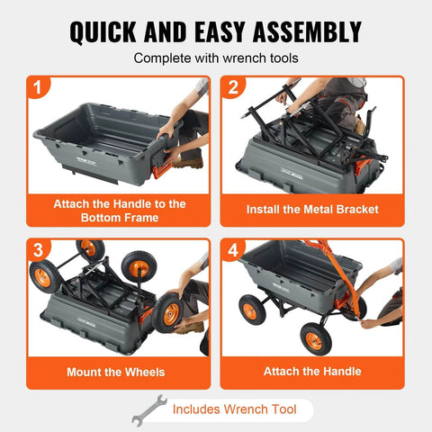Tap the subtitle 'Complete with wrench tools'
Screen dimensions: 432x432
point(216,58)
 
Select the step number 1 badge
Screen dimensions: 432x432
point(38,89)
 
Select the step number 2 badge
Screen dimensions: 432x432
point(232,89)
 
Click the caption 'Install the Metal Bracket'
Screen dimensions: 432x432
point(312,210)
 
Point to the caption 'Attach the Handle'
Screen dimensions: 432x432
point(312,371)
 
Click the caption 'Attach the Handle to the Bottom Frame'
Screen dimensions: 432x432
point(118,211)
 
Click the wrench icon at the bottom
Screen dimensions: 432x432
point(149,409)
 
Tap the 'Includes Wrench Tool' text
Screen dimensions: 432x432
point(237,410)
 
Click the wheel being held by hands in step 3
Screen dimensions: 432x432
point(169,310)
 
